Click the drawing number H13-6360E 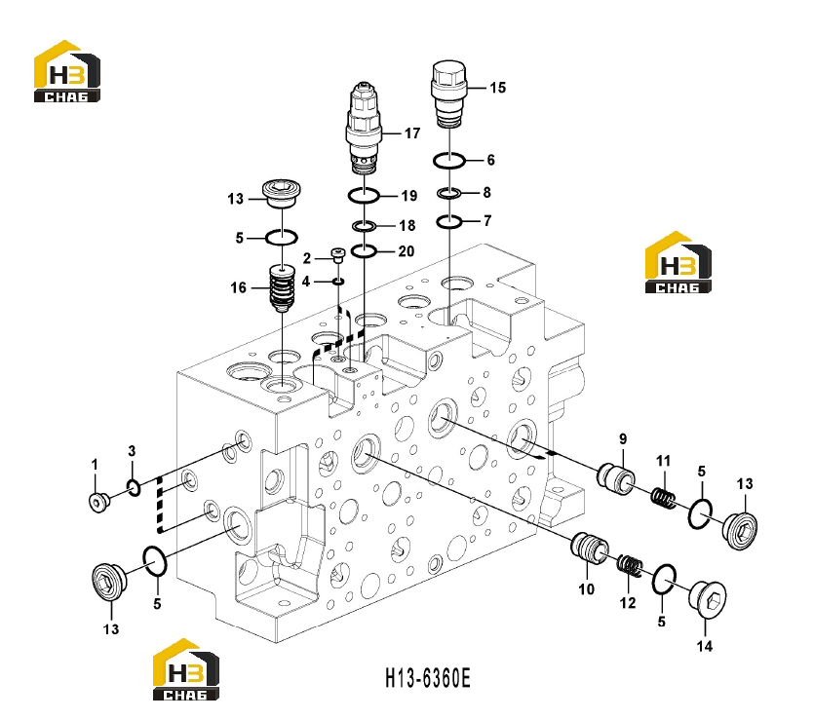(x=428, y=678)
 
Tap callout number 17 (x=412, y=133)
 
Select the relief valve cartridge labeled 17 (x=364, y=128)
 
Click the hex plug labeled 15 (x=448, y=94)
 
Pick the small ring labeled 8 (x=449, y=194)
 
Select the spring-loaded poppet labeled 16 (x=283, y=288)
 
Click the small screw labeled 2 (x=338, y=255)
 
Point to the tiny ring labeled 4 (x=338, y=282)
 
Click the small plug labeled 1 (x=98, y=502)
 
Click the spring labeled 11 (x=664, y=498)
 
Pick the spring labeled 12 (x=630, y=564)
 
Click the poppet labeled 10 (x=589, y=547)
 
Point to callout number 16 (x=238, y=287)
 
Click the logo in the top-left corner (x=67, y=71)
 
